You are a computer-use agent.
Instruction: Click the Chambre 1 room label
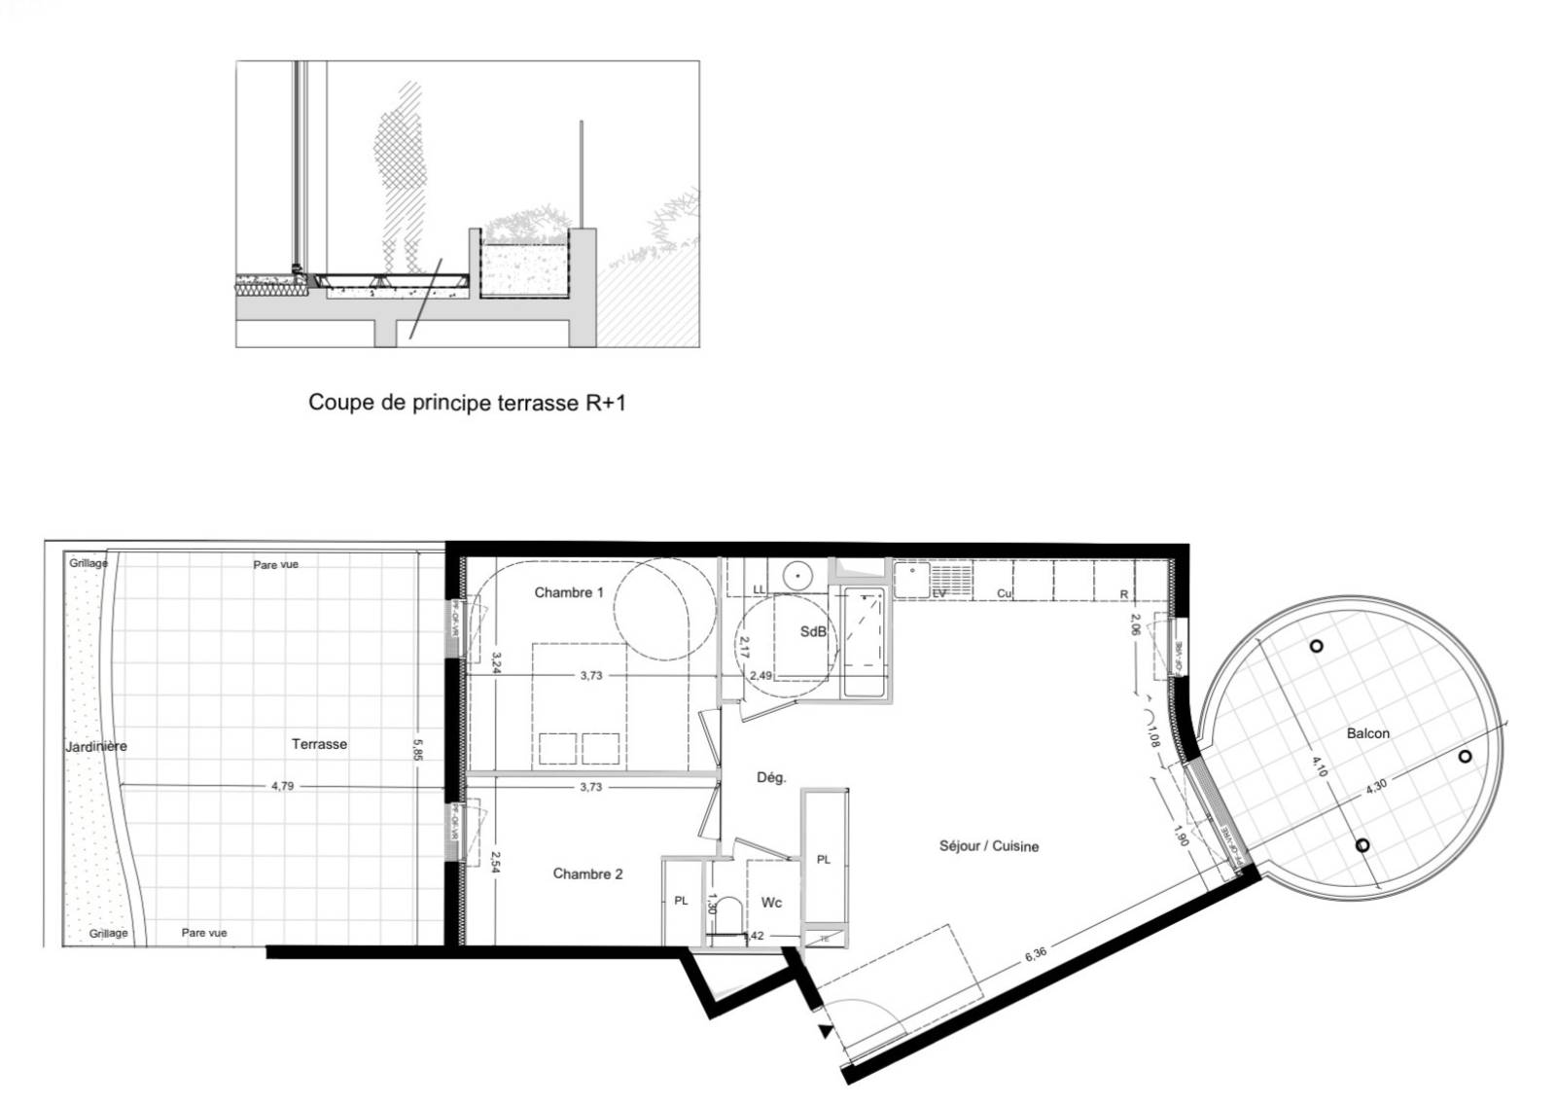click(x=569, y=592)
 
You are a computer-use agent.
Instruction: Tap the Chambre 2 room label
click(x=587, y=873)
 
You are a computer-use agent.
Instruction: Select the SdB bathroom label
click(x=813, y=631)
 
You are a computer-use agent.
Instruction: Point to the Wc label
click(x=771, y=903)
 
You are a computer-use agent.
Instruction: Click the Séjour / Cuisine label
click(x=988, y=846)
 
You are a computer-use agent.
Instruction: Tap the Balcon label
click(x=1367, y=733)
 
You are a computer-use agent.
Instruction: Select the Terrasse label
click(x=319, y=744)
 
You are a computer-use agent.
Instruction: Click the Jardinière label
click(x=95, y=747)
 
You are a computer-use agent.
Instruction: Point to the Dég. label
click(x=771, y=777)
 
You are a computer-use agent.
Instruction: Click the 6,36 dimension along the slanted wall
click(x=1036, y=954)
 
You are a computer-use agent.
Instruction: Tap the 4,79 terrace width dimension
click(x=282, y=786)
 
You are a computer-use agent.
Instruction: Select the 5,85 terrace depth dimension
click(x=418, y=750)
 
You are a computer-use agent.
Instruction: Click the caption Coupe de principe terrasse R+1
click(x=467, y=402)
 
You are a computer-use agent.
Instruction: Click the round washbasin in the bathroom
click(x=797, y=575)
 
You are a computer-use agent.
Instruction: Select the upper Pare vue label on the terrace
click(x=276, y=564)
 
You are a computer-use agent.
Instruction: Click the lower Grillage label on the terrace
click(x=108, y=933)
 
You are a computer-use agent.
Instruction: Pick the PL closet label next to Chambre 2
click(x=681, y=901)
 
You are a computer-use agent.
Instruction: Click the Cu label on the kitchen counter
click(x=1004, y=593)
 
